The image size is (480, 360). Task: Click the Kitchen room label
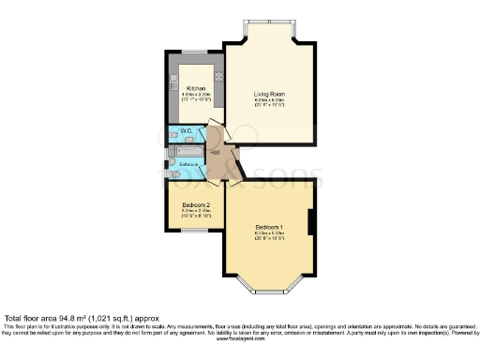196,88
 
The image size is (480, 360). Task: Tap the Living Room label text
269,94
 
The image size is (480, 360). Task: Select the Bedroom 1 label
269,226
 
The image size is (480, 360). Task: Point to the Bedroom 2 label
195,204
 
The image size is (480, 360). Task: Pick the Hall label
215,151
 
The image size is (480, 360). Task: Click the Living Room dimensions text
269,103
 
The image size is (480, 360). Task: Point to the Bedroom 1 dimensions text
269,235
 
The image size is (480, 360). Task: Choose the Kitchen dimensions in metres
196,95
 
